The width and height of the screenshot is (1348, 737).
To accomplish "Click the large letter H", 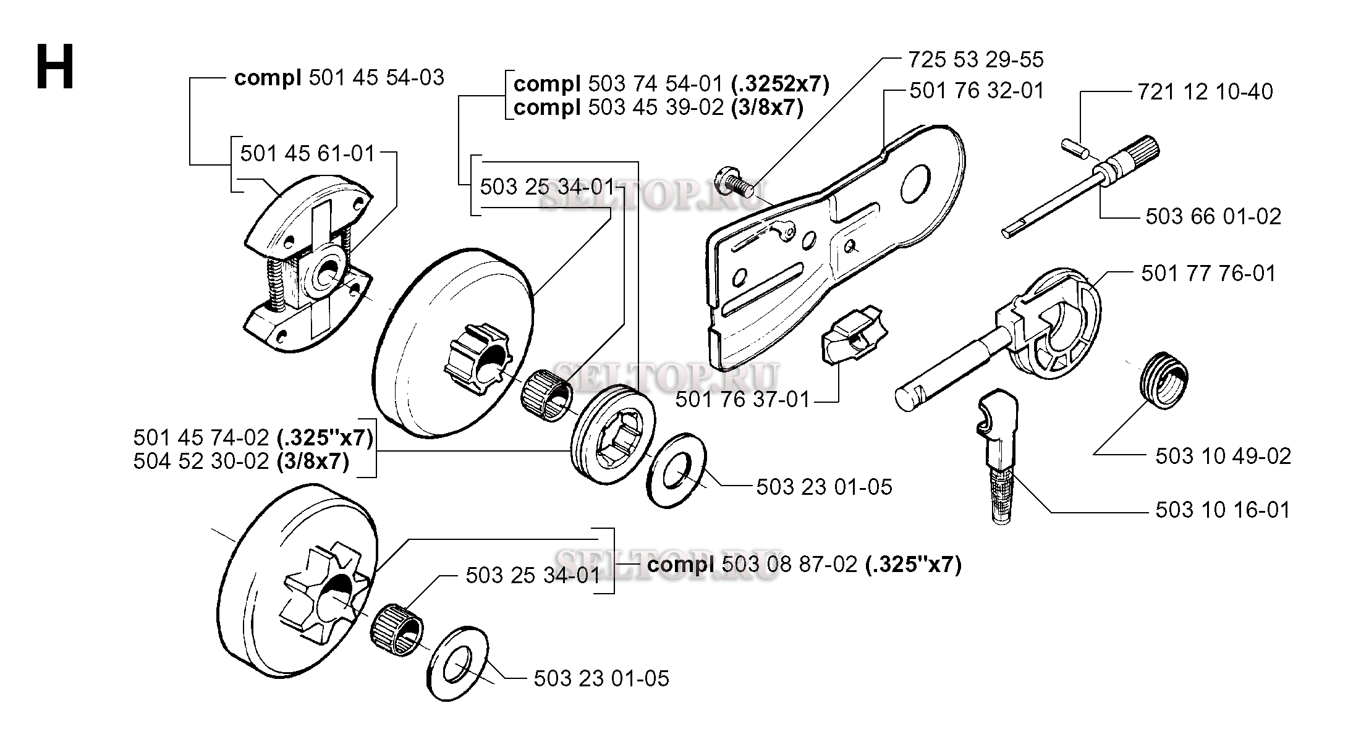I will coord(55,67).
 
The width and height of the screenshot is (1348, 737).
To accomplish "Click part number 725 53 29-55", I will coord(976,60).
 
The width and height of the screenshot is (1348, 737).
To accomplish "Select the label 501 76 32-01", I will coord(977,91).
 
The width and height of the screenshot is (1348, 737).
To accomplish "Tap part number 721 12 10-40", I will coord(1205,92).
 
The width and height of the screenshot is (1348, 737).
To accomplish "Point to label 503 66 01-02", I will coord(1213,217).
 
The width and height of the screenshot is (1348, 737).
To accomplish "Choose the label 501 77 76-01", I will coord(1208,274).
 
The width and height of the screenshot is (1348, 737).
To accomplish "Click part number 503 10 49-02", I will coord(1223,457).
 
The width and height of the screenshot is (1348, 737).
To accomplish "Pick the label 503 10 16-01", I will coord(1223,510).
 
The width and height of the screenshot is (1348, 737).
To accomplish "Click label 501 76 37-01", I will coord(742,400).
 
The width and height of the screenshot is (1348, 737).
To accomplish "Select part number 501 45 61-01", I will coord(308,153).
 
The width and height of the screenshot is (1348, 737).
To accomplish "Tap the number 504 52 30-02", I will coord(201,461).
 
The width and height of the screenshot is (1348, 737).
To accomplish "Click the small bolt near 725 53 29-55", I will coord(733,182).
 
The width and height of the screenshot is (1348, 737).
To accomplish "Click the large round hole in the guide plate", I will coord(915,183).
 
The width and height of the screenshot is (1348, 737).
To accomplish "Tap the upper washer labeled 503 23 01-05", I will coord(677,470).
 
